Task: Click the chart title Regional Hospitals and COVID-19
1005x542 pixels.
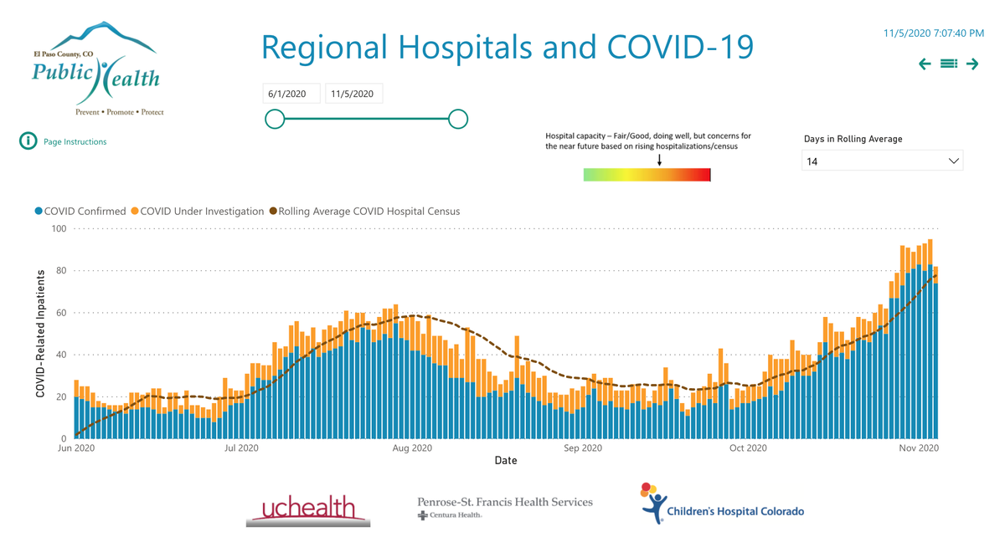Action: (x=507, y=47)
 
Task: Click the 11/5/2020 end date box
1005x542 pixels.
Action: (x=353, y=94)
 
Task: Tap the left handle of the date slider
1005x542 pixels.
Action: (x=275, y=119)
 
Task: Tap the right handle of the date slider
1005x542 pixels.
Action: (x=458, y=119)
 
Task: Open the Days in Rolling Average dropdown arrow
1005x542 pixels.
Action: (x=953, y=161)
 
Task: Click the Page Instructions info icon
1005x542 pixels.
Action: (x=28, y=141)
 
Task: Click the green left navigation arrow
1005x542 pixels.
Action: (x=925, y=64)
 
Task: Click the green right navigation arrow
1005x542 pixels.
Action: (x=972, y=64)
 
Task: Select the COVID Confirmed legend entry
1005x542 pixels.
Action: (x=80, y=212)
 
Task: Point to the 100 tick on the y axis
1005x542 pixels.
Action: (x=59, y=228)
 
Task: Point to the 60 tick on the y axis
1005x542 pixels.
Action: (x=60, y=313)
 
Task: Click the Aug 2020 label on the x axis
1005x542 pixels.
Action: (x=412, y=448)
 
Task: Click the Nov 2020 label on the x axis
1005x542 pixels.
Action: (x=919, y=448)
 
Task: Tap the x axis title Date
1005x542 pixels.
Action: (x=506, y=461)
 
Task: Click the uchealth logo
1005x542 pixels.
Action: (x=308, y=509)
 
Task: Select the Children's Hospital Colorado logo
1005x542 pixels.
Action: (x=721, y=505)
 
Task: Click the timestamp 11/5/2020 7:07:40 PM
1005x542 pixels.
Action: (x=933, y=33)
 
